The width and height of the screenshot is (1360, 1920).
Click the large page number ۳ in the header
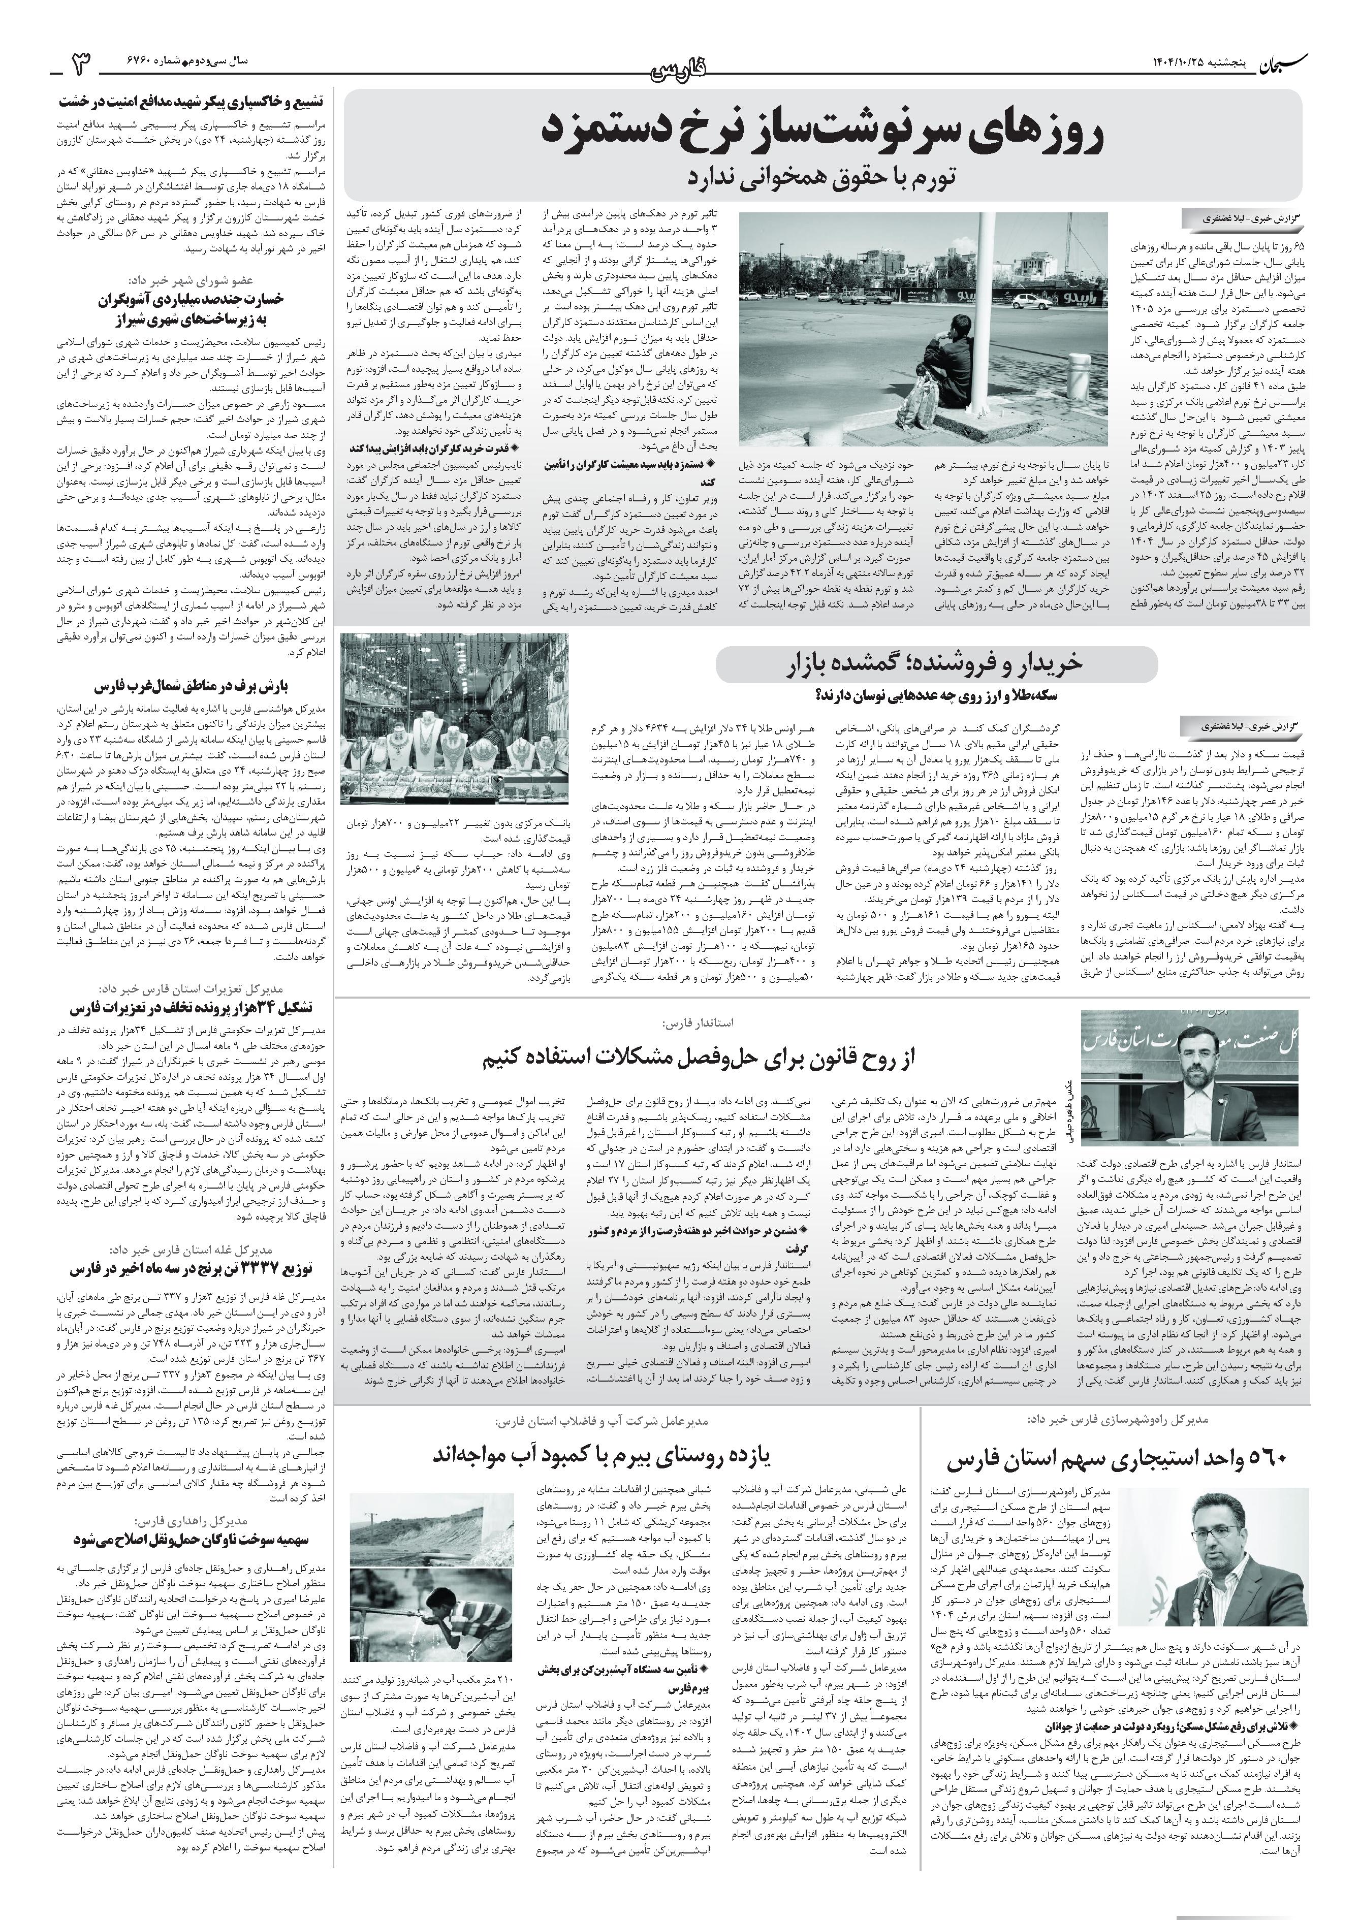point(84,63)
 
